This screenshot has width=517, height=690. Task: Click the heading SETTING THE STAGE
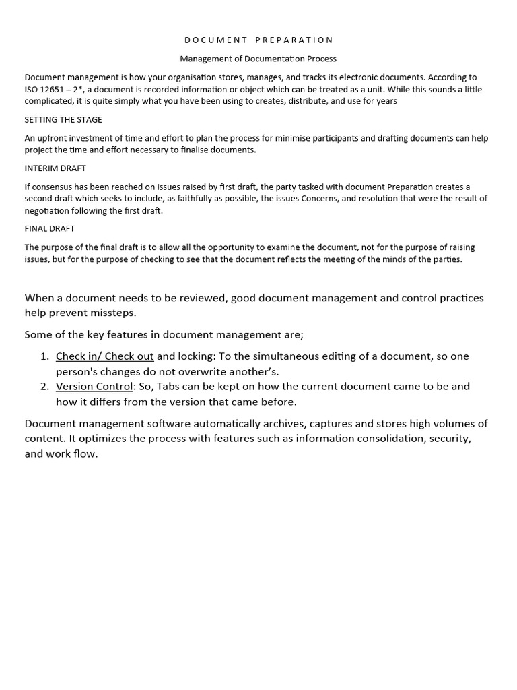(x=63, y=120)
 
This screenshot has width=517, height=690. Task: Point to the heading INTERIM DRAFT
(x=55, y=168)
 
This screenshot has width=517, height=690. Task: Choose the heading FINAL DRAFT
(x=50, y=229)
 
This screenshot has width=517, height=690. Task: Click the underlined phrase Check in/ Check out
(x=105, y=356)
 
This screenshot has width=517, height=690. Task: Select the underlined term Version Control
(x=94, y=387)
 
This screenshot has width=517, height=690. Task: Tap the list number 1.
(x=44, y=356)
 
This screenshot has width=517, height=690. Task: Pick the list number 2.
(x=44, y=387)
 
